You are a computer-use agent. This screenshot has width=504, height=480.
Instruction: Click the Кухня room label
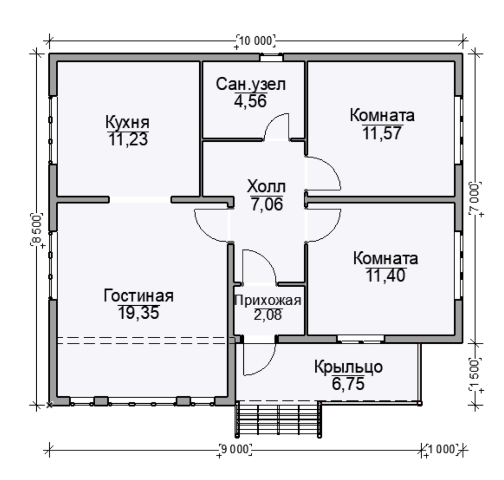tap(128, 123)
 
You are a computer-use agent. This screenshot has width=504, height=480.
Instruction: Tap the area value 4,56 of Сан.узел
tap(250, 101)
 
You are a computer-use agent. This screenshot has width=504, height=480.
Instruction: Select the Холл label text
tap(266, 187)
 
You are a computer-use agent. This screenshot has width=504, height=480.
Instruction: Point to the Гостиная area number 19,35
tap(139, 313)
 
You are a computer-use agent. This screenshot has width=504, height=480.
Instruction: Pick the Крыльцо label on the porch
tap(348, 367)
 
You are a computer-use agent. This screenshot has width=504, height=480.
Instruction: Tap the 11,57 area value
tap(382, 133)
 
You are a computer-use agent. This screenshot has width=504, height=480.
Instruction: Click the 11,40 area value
tap(386, 275)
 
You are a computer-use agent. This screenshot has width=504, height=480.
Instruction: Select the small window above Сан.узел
tap(272, 57)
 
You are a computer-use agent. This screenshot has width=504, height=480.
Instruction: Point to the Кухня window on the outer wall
tap(52, 130)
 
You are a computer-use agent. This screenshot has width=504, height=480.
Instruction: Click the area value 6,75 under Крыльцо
tap(348, 384)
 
